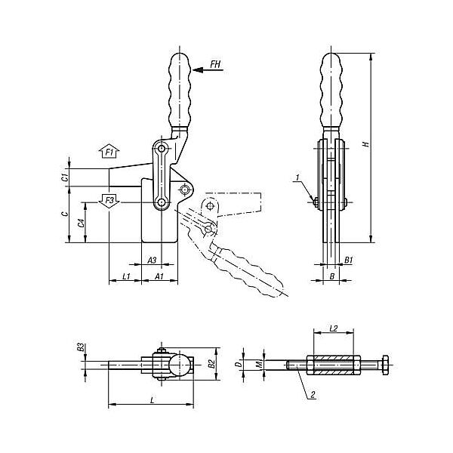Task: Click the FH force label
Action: click(x=215, y=64)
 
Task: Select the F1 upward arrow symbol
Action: click(x=109, y=151)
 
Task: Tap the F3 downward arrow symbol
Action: click(x=109, y=201)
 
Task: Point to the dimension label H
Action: click(x=366, y=143)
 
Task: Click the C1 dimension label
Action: click(x=66, y=177)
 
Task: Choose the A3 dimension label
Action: click(x=152, y=260)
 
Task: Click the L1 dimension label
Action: click(x=127, y=276)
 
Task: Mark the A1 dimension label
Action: click(x=159, y=276)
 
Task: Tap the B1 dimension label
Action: click(x=349, y=260)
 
